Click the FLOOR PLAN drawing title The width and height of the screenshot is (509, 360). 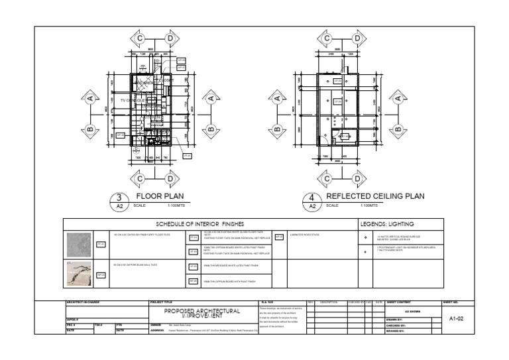(x=160, y=196)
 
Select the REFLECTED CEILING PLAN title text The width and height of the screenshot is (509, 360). (x=375, y=196)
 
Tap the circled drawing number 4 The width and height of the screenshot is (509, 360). (x=311, y=198)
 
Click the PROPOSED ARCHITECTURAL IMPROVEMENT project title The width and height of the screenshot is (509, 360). (x=202, y=313)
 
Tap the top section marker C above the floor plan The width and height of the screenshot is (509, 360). (x=141, y=40)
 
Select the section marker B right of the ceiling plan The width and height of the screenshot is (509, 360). (x=398, y=128)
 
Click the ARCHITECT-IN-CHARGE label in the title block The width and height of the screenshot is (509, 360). (x=82, y=302)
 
